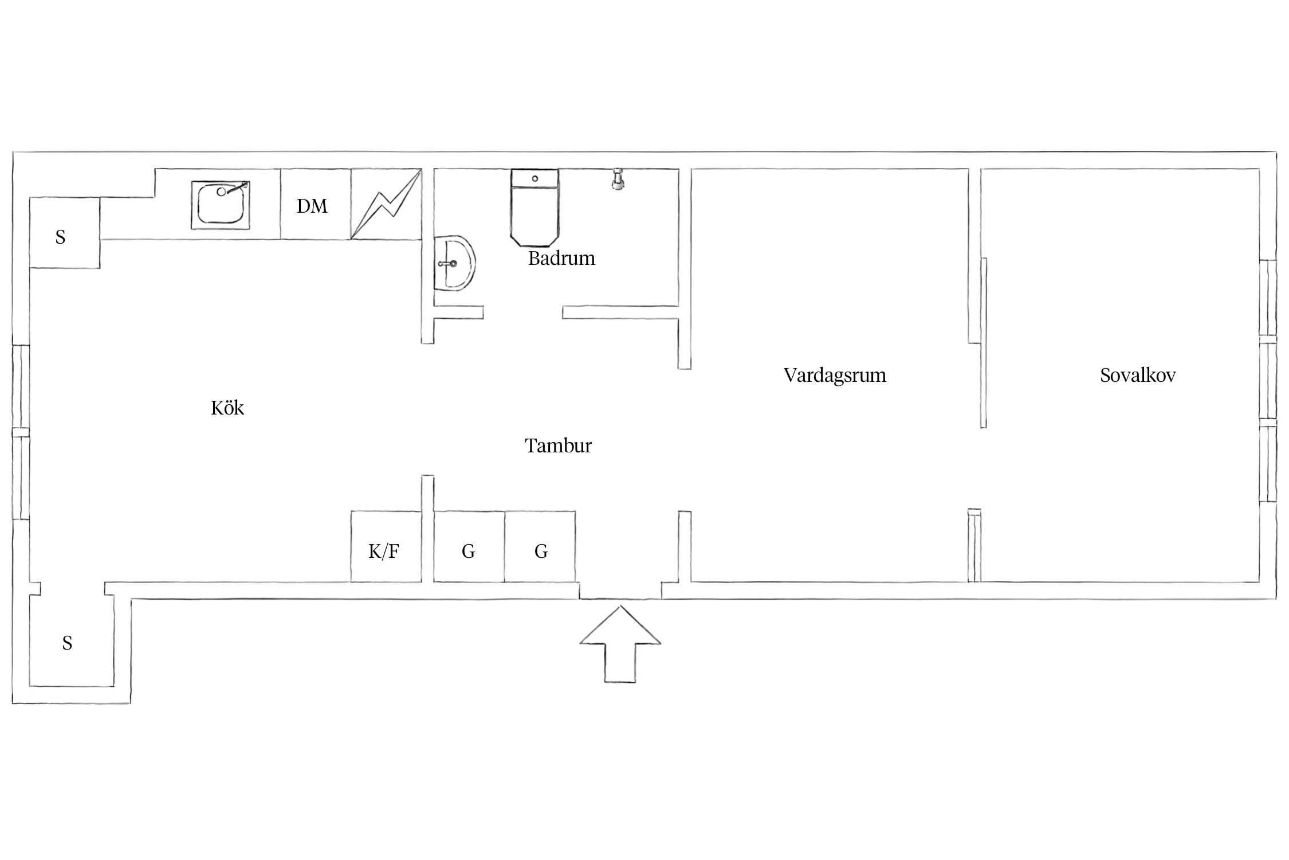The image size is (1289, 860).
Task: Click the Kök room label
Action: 227,408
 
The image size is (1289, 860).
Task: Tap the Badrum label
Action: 561,258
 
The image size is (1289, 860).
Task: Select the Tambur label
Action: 558,445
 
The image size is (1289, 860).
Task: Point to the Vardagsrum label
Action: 835,376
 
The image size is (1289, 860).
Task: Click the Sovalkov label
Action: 1138,375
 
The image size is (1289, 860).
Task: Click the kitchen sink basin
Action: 221,205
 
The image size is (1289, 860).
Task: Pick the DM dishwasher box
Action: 315,204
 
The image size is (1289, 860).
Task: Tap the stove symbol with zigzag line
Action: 386,204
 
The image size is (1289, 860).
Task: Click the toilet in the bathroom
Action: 535,207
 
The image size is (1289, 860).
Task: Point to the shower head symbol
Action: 618,178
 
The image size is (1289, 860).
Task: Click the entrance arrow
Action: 620,644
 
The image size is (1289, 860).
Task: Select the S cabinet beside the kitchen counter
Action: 64,232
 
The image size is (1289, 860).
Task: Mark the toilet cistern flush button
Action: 535,179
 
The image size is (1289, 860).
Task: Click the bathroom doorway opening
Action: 523,312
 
